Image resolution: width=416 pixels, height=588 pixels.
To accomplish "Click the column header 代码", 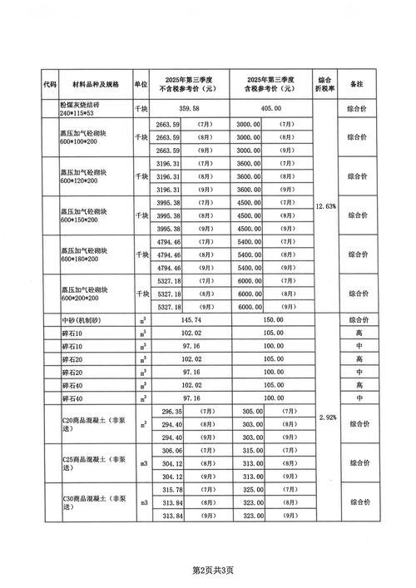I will point(50,84).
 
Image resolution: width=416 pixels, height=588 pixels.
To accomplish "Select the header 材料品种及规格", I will point(96,84).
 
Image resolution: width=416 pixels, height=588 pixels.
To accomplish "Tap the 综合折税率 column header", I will point(327,84).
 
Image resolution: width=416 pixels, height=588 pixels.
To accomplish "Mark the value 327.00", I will point(250,490).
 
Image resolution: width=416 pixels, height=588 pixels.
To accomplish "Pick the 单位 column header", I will point(141,84).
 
